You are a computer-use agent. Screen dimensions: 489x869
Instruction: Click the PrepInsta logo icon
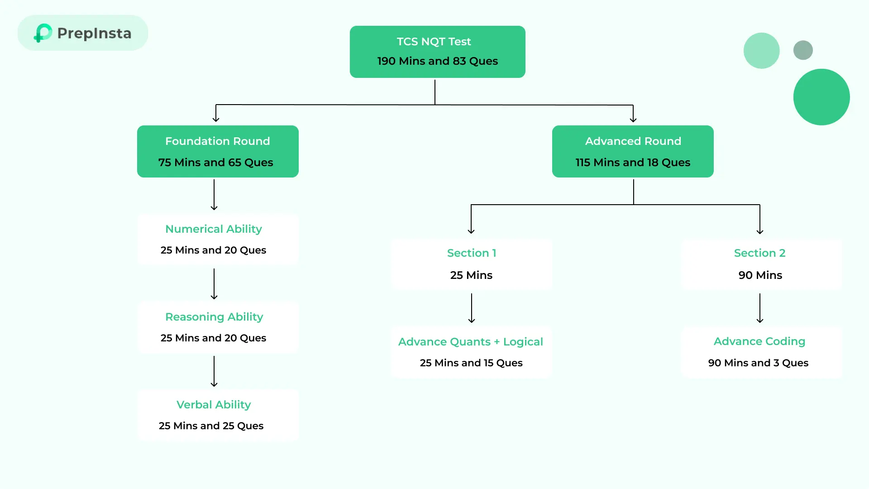coord(43,33)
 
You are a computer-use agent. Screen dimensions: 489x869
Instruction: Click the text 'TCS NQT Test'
coord(434,42)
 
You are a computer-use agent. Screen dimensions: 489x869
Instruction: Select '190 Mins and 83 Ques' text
coord(437,61)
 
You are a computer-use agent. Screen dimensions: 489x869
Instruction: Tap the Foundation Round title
coord(217,141)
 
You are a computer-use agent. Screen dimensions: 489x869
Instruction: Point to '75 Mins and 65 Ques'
coord(215,163)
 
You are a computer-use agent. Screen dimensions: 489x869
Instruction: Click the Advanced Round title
coord(633,141)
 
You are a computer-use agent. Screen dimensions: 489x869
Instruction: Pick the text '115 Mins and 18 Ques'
coord(633,163)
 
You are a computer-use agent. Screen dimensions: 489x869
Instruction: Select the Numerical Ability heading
coord(214,229)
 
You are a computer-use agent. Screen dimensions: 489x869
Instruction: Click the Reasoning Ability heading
coord(214,317)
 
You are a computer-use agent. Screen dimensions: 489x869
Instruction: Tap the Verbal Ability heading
coord(214,405)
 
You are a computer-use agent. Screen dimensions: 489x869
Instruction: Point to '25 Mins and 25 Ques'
coord(211,426)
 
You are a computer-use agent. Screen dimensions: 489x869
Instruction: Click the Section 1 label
coord(472,253)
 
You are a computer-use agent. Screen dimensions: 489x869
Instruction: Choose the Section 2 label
coord(759,253)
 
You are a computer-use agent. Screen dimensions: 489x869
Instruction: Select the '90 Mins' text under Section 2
coord(760,275)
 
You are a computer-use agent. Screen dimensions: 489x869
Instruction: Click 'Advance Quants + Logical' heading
coord(471,342)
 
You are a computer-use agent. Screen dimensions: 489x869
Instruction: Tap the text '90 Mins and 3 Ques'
coord(758,363)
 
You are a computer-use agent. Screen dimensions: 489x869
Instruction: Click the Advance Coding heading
coord(759,341)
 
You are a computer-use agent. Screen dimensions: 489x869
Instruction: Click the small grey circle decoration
coord(803,50)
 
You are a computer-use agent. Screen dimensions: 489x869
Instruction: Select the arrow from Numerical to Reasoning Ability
coord(214,284)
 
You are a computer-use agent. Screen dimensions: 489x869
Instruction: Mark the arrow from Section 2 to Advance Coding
coord(760,308)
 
